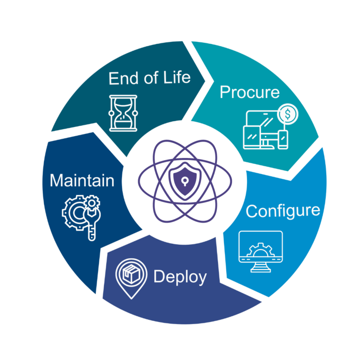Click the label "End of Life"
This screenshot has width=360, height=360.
click(150, 77)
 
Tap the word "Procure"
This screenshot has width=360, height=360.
click(249, 91)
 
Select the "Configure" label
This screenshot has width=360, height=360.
click(283, 210)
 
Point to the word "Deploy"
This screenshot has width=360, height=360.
click(180, 277)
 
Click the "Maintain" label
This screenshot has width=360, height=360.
click(82, 180)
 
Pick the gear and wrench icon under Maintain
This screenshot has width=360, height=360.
click(82, 217)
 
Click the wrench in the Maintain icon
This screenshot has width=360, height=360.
click(91, 225)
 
